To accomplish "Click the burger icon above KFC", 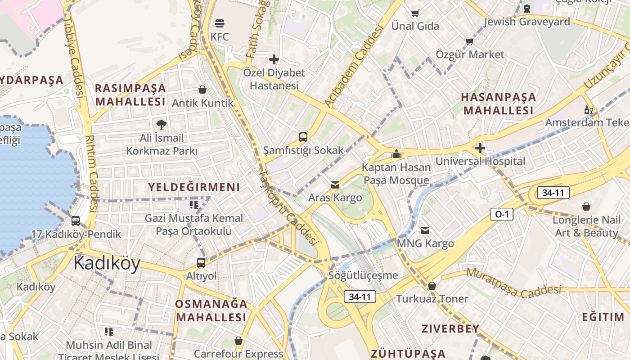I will coord(220,23).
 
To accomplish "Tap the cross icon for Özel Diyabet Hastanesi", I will coord(274,59).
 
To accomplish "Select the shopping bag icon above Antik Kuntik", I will coord(202,90).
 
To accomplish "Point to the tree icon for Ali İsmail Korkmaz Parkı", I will coord(161,124).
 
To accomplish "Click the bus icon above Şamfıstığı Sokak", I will coord(303,137).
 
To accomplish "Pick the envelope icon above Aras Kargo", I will coord(335,184).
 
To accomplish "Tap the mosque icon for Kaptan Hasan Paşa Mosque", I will coord(396,154).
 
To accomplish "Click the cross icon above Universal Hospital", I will coord(480,148).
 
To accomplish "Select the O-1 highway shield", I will coord(502,215).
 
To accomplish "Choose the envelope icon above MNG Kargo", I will coord(425,230).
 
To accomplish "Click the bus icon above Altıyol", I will coord(201,263).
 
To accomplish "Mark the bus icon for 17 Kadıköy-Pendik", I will coord(76,221).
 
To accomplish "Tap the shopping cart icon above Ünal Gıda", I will coord(415,13).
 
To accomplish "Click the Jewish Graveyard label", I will coord(526,22).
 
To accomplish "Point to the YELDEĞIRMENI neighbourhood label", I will coord(194,187).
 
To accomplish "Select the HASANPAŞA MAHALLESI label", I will coord(499,103).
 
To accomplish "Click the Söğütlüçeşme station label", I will coord(363,275).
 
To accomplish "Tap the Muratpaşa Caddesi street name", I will coord(513,283).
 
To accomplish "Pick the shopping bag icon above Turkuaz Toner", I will coord(432,286).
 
